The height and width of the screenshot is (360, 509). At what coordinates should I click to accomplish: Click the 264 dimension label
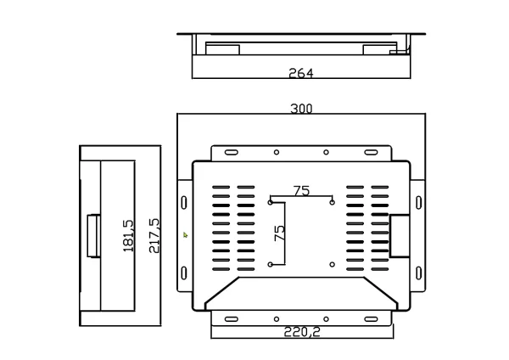[x=300, y=73]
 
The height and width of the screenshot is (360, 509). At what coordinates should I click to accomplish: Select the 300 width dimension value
[x=301, y=109]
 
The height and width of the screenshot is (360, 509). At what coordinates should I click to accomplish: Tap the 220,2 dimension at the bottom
[x=301, y=332]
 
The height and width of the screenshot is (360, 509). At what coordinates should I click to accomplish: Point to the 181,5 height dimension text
[x=129, y=235]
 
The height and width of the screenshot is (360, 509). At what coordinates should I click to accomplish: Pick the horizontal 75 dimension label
[x=301, y=191]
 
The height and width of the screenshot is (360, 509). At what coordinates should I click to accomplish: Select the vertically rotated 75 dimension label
[x=279, y=233]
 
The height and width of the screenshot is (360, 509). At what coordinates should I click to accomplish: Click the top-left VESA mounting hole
[x=271, y=202]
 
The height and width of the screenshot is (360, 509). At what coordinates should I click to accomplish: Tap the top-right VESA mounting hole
[x=332, y=202]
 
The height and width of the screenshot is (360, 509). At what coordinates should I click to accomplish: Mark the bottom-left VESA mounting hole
[x=271, y=264]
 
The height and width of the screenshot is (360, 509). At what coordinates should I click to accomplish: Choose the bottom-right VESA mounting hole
[x=332, y=264]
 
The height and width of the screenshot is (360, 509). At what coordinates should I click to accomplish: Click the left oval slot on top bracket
[x=231, y=153]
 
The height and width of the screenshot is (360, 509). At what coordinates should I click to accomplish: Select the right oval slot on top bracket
[x=371, y=153]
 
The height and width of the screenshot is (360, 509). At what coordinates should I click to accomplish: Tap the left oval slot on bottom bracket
[x=231, y=319]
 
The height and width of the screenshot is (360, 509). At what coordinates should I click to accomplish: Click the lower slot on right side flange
[x=417, y=273]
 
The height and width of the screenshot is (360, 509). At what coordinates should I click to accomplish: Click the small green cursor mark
[x=186, y=233]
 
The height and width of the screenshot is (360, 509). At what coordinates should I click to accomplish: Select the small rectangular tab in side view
[x=92, y=235]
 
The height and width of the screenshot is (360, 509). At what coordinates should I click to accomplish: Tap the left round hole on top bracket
[x=276, y=153]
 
